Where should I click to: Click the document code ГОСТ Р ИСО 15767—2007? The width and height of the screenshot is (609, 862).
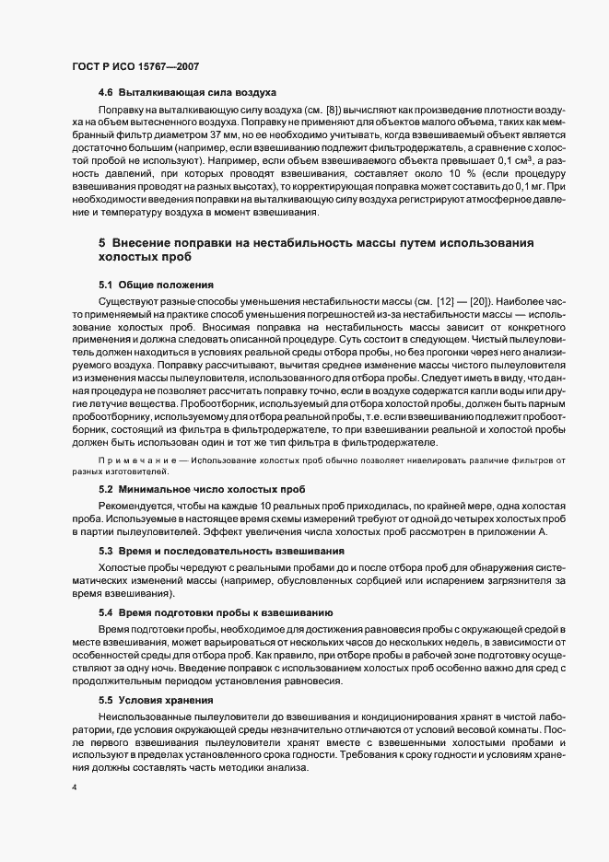pyautogui.click(x=135, y=66)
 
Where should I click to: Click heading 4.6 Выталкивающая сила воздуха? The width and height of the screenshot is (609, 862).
pyautogui.click(x=187, y=94)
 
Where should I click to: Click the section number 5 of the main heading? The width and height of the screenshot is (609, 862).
pyautogui.click(x=103, y=242)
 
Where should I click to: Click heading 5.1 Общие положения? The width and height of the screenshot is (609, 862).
pyautogui.click(x=156, y=285)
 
